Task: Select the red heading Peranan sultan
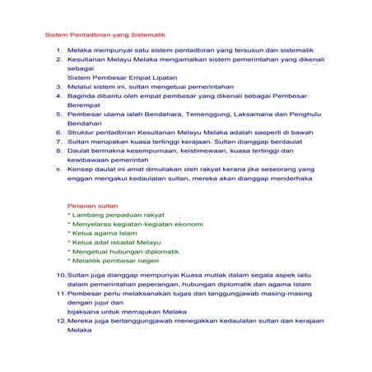(92, 205)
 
